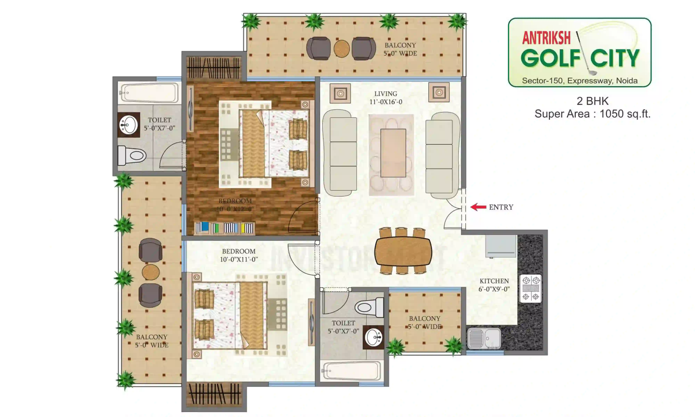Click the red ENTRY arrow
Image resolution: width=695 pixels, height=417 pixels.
(x=478, y=207)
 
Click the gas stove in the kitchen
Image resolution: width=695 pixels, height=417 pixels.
(x=530, y=288)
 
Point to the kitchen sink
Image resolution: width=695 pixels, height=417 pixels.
(x=484, y=338)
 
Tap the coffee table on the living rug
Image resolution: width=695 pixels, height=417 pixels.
(x=393, y=153)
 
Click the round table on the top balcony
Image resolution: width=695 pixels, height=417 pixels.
(x=342, y=49)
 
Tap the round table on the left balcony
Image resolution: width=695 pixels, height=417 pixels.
(x=151, y=272)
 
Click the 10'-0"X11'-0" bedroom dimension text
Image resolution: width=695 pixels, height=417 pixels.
(x=239, y=259)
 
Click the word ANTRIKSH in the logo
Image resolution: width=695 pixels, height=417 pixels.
(x=546, y=38)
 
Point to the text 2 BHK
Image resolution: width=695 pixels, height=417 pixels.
(x=592, y=101)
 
